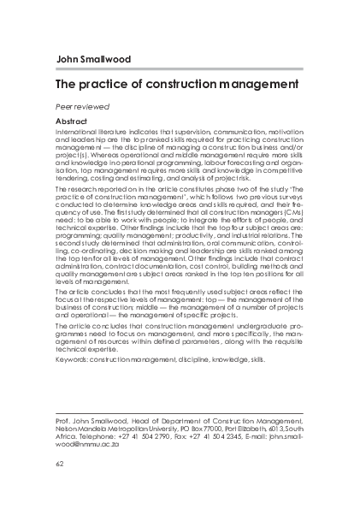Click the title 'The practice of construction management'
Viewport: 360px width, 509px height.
tap(176, 86)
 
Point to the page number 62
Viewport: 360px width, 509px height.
tap(59, 465)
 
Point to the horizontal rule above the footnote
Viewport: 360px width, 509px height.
tap(180, 410)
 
